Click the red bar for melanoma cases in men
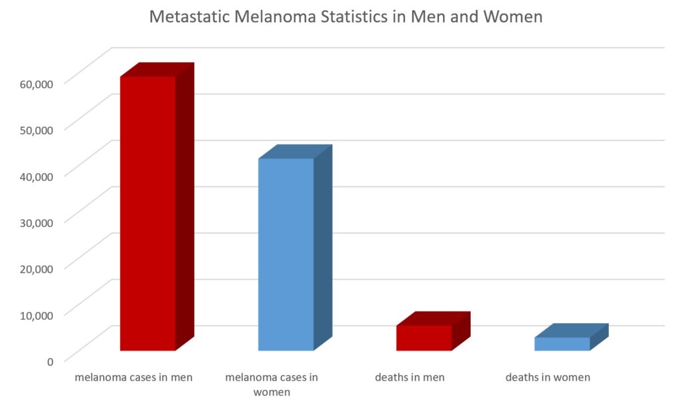coord(148,214)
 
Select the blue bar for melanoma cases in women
coord(285,254)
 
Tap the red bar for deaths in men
coord(424,338)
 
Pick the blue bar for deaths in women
coord(562,344)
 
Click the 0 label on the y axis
coord(50,361)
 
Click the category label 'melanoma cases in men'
coord(133,377)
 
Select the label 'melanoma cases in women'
coord(271,384)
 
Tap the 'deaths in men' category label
coord(410,377)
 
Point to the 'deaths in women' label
coord(548,377)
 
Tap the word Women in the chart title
coord(514,17)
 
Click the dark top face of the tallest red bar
coord(157,69)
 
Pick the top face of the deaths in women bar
coord(571,331)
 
